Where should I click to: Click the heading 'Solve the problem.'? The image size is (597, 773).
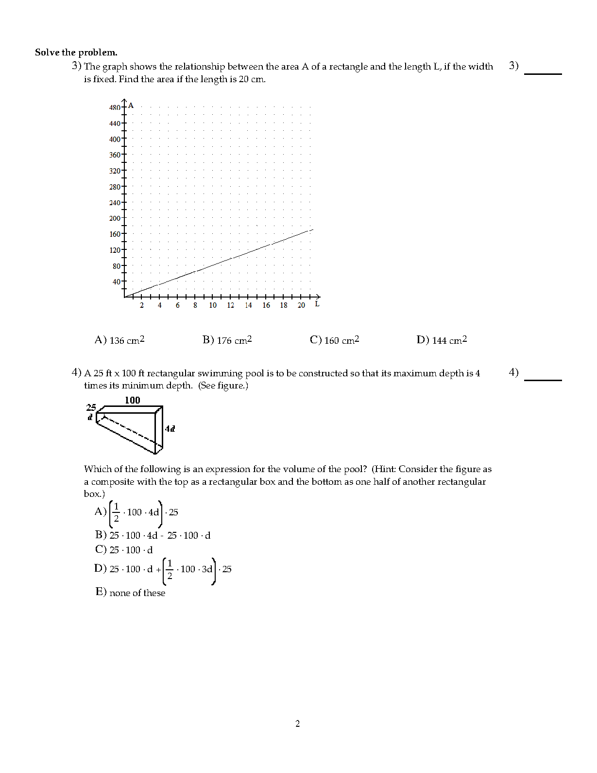point(76,53)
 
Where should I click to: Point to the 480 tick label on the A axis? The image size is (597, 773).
point(115,107)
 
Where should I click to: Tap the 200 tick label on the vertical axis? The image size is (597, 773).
point(115,218)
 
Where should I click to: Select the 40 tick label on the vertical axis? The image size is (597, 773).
point(117,282)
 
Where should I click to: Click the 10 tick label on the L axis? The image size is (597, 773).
point(213,305)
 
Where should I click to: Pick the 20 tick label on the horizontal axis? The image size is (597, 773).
point(301,305)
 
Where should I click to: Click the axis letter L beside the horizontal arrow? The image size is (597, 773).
point(317,304)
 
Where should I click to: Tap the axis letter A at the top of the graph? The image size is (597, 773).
point(131,105)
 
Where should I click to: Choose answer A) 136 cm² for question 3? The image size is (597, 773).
point(119,340)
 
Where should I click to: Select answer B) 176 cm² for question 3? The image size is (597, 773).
point(227,340)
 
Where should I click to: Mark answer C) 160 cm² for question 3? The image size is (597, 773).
point(334,340)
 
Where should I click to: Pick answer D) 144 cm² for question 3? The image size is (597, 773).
point(442,340)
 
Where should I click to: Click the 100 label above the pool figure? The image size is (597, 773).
point(132,400)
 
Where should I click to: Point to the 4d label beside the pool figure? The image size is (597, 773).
point(170,428)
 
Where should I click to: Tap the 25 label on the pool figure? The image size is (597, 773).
point(91,407)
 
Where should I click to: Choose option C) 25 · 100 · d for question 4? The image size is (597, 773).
point(124,550)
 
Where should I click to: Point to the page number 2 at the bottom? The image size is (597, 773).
point(298,724)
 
